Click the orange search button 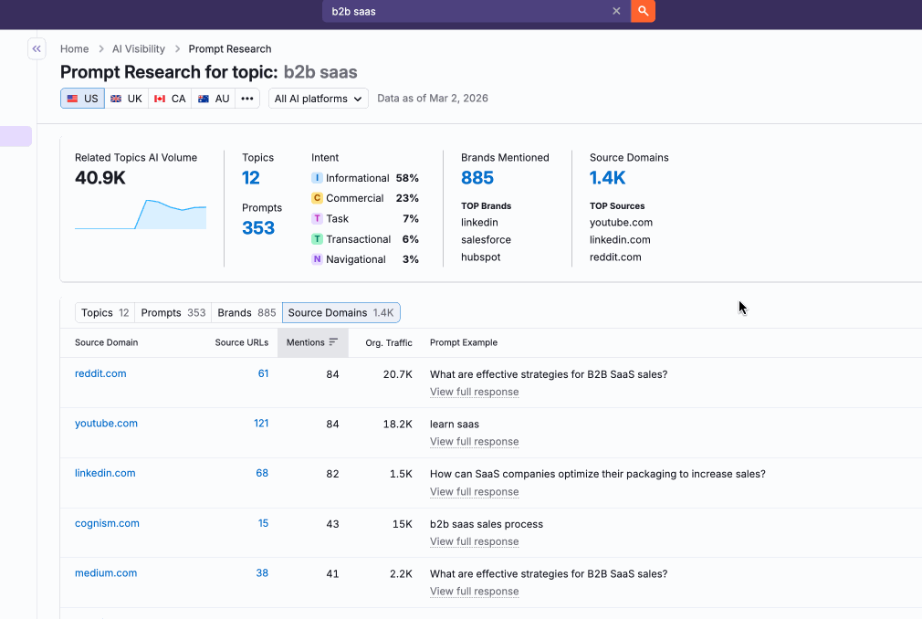click(x=643, y=11)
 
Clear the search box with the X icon click(x=616, y=11)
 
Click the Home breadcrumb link click(x=74, y=49)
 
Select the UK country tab click(x=126, y=99)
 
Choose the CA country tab click(x=170, y=99)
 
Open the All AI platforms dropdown click(x=318, y=99)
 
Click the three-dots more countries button click(x=247, y=99)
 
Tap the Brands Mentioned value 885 click(x=477, y=178)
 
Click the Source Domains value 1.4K click(x=607, y=178)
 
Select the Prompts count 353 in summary click(x=258, y=228)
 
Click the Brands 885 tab click(x=246, y=312)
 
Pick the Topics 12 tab click(x=105, y=312)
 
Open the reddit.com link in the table click(x=100, y=373)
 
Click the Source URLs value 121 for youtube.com click(x=260, y=424)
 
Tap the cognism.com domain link click(x=107, y=524)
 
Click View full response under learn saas click(x=474, y=442)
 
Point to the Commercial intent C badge click(x=317, y=198)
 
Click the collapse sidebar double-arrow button click(x=37, y=48)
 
